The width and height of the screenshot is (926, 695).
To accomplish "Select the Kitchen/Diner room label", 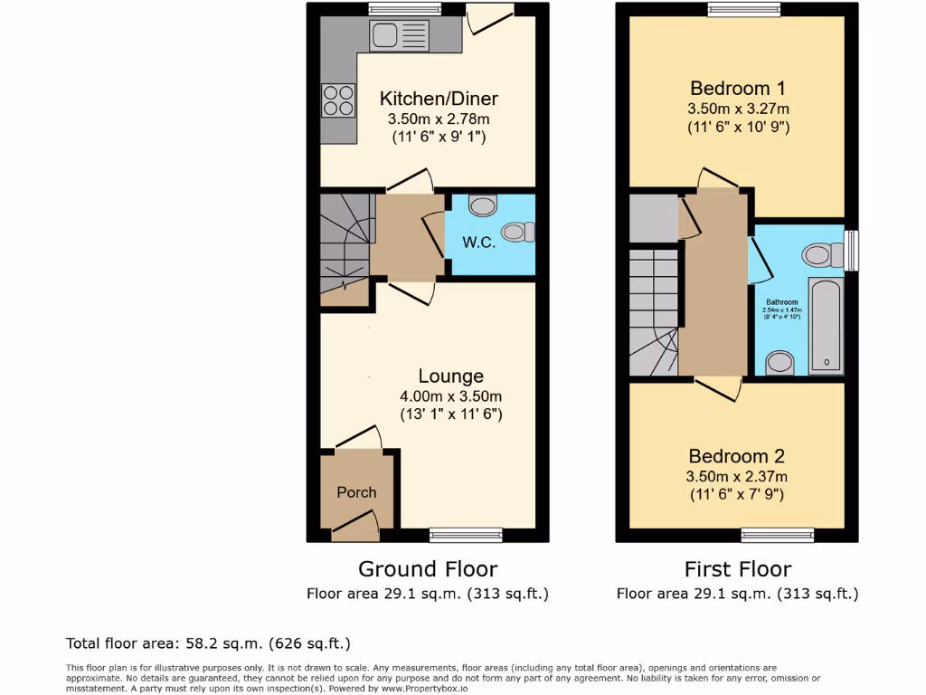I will tap(439, 99).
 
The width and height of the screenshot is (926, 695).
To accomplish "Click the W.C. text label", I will tap(477, 242).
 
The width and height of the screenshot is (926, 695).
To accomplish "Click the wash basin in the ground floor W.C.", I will tap(484, 206).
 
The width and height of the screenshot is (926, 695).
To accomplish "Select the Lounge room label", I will tap(450, 376).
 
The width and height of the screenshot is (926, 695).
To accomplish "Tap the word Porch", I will tap(356, 492).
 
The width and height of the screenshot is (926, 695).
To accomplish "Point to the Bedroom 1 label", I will tap(737, 88).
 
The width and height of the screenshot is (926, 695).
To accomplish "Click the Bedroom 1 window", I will tap(743, 10).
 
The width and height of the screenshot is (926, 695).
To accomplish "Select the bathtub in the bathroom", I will tap(827, 327).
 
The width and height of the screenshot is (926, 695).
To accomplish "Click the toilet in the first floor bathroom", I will tap(820, 255).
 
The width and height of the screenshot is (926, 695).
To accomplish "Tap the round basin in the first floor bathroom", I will tap(780, 364).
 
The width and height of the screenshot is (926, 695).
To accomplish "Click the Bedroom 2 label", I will tap(736, 456).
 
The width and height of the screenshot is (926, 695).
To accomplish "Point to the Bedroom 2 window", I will tap(770, 535).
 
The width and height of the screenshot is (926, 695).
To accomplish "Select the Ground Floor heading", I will tap(428, 569).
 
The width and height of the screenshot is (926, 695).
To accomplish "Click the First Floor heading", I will tap(737, 569).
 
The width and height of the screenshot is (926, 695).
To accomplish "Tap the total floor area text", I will tap(208, 643).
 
